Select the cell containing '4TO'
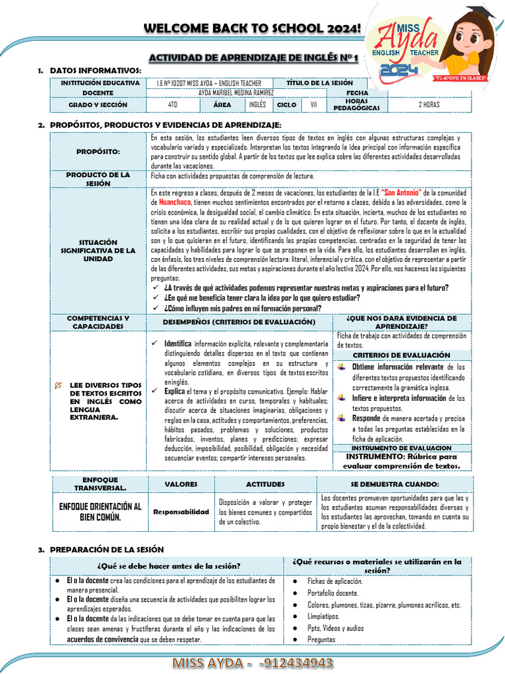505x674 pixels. (x=172, y=105)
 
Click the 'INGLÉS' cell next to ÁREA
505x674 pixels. (x=257, y=105)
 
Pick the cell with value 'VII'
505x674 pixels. (x=313, y=105)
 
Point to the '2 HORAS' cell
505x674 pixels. (x=429, y=105)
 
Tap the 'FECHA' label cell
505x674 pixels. (x=357, y=93)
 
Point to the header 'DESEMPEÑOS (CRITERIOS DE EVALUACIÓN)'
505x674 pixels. (x=239, y=322)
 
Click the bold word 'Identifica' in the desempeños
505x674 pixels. (x=178, y=344)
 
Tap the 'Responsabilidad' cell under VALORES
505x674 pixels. (x=181, y=511)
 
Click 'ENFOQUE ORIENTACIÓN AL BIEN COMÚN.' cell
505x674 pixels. (x=101, y=511)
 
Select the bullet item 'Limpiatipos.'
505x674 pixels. (x=324, y=616)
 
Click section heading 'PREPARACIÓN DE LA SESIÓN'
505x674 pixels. (x=107, y=549)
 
